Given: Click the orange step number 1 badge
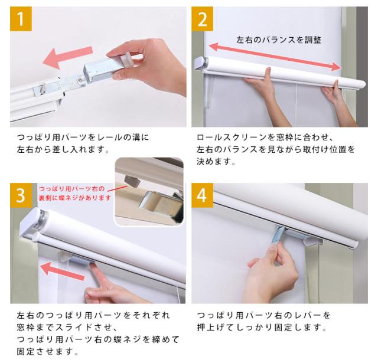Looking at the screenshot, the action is click(21, 19).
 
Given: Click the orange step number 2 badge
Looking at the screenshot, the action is click(202, 19).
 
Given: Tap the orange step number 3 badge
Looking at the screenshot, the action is click(21, 195).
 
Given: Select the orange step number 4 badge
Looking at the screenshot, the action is click(202, 195).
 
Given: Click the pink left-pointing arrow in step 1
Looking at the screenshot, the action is click(68, 57).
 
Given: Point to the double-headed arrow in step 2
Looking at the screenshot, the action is click(275, 57).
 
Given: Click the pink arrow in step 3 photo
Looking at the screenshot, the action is click(63, 271).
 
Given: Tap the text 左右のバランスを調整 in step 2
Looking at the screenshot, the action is click(279, 40).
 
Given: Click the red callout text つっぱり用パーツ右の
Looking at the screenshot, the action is click(71, 189).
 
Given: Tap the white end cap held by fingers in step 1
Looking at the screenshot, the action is click(128, 58).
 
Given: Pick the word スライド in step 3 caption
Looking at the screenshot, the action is click(79, 327).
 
